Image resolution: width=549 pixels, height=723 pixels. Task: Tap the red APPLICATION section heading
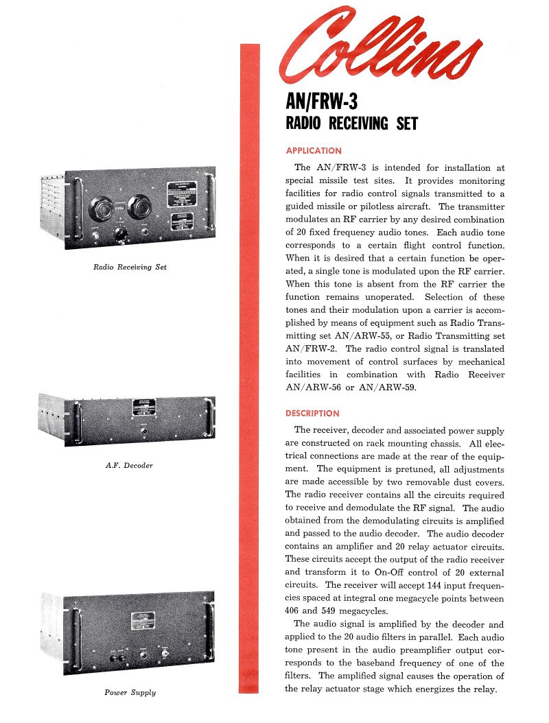pyautogui.click(x=313, y=151)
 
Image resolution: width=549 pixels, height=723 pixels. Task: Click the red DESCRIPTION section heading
pyautogui.click(x=312, y=414)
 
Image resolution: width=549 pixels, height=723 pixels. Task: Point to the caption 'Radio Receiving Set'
pyautogui.click(x=130, y=267)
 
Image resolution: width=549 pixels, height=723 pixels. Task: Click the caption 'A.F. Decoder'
pyautogui.click(x=129, y=466)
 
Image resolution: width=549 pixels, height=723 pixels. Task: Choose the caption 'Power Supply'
pyautogui.click(x=130, y=693)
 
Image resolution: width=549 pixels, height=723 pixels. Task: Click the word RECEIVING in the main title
pyautogui.click(x=360, y=124)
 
